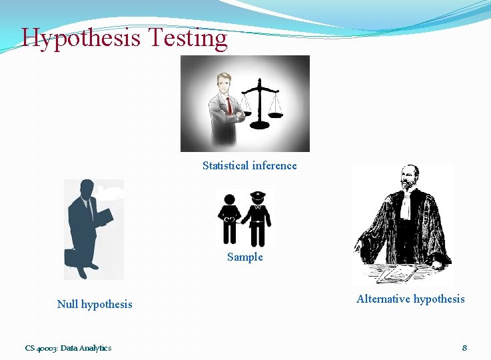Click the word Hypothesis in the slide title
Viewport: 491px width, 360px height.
click(81, 39)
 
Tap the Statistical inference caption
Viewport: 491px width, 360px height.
click(250, 165)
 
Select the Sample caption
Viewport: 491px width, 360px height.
click(245, 257)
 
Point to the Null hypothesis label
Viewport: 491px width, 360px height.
click(95, 304)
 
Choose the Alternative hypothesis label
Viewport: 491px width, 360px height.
click(410, 299)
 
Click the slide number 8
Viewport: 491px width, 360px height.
click(464, 347)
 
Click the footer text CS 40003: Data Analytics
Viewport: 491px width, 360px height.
click(68, 347)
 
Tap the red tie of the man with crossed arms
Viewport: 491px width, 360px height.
click(228, 106)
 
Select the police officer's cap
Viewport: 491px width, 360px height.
click(258, 195)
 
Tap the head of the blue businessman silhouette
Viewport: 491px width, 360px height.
click(85, 189)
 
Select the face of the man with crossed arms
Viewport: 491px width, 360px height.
click(221, 85)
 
